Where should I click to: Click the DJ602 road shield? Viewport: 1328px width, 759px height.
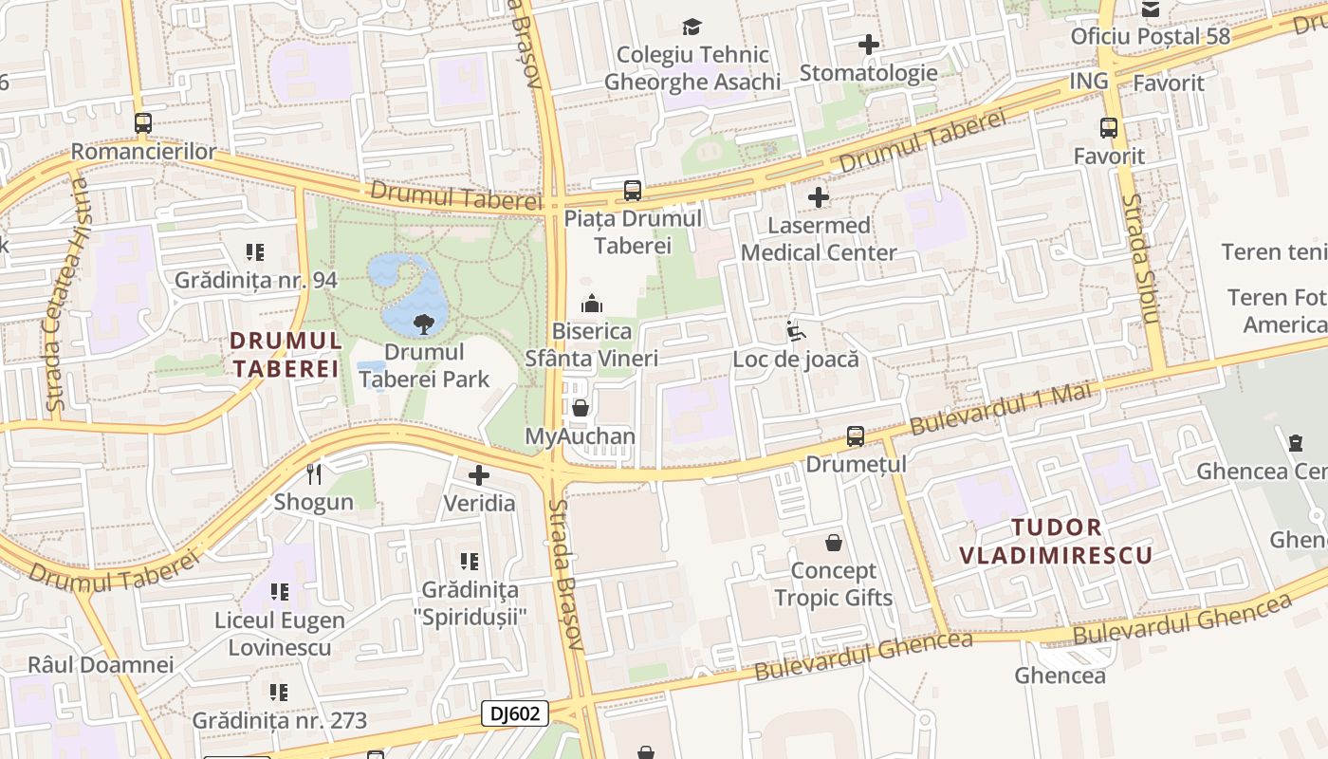tap(515, 713)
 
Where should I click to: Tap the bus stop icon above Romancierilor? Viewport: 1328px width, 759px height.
tap(143, 123)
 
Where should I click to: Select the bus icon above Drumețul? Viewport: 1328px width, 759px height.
tap(856, 436)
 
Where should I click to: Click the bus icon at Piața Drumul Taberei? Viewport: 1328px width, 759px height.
tap(633, 191)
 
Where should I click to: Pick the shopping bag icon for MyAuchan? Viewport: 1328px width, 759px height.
tap(581, 408)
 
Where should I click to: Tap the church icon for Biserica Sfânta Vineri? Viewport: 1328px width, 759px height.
tap(592, 304)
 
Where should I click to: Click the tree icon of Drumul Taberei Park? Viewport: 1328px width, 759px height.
tap(424, 324)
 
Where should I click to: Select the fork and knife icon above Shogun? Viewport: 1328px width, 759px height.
tap(314, 473)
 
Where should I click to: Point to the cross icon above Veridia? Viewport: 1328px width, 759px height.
tap(479, 475)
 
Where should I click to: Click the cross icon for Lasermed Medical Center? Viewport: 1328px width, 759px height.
tap(819, 197)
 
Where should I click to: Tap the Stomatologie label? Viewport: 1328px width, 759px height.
tap(868, 73)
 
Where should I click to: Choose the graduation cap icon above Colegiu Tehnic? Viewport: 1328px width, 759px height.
tap(692, 27)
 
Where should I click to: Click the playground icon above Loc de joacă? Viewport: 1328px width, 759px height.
tap(795, 331)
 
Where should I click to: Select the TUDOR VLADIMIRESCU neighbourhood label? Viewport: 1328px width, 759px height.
tap(1056, 541)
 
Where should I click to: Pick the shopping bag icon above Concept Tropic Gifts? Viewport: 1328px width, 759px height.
tap(834, 543)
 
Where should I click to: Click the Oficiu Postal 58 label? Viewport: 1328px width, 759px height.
tap(1150, 36)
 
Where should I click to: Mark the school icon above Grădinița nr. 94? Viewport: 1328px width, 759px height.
tap(255, 252)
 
